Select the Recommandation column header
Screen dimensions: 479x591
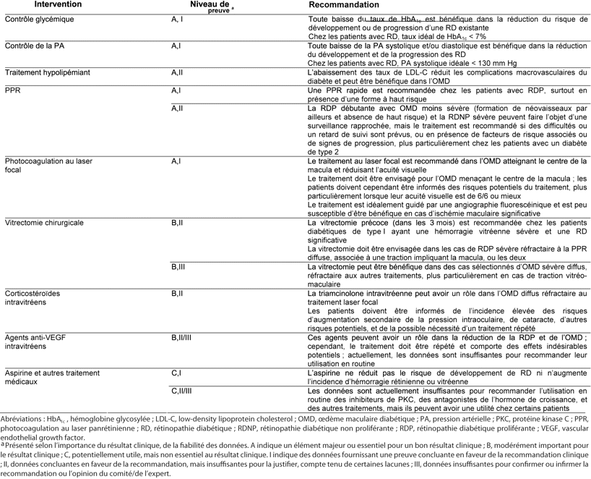341,5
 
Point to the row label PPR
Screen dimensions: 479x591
12,90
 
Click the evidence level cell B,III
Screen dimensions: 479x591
180,266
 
